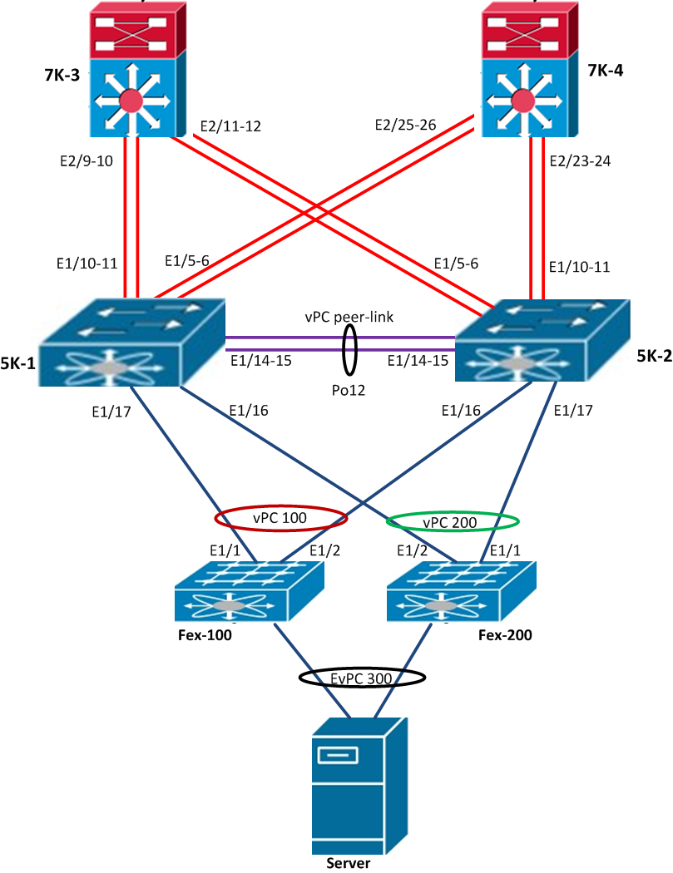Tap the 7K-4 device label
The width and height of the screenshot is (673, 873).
pos(606,71)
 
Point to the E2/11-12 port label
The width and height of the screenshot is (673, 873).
pos(230,127)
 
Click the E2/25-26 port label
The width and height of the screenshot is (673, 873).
pos(407,125)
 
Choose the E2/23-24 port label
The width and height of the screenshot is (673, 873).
pos(581,161)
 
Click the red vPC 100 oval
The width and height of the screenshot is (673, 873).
pos(280,518)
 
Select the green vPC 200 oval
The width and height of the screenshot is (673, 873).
pos(453,522)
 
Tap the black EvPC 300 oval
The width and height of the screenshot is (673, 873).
pos(363,678)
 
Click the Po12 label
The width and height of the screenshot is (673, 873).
pos(349,388)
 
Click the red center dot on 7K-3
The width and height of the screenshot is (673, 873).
pos(131,101)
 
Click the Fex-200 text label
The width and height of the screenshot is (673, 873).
pos(506,635)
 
